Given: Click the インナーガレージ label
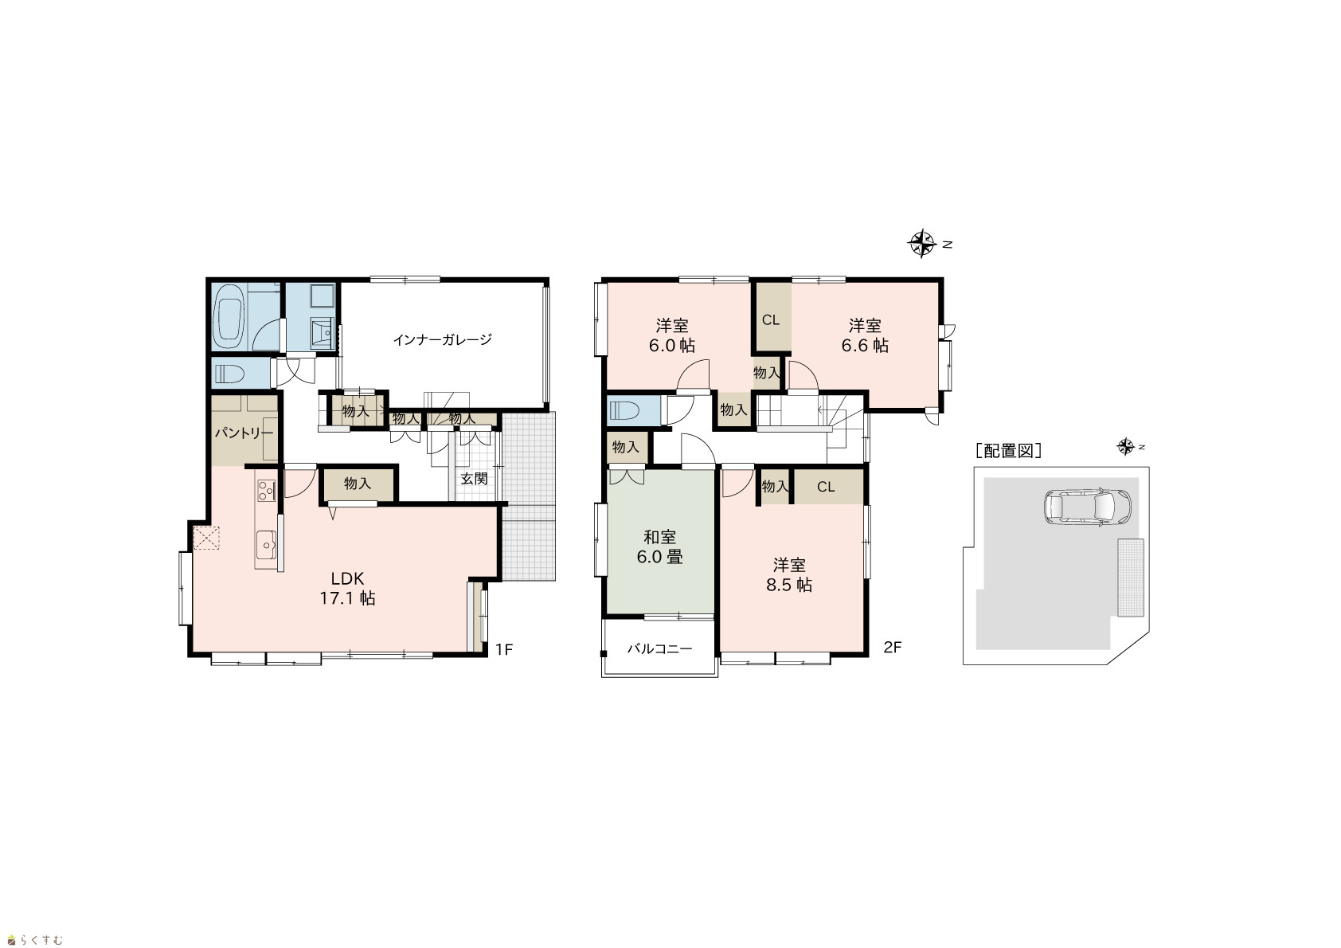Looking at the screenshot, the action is pos(443,340).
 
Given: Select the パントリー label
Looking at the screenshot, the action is pos(244,433).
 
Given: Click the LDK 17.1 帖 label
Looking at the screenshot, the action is pos(348,588).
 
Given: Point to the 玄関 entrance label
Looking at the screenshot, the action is pos(474,479).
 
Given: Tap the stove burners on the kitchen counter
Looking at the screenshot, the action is pos(267,491).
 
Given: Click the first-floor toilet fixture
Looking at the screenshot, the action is pos(229,374).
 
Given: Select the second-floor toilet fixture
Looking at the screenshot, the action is pos(624,410).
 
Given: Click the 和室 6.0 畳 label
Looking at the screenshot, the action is pos(659,546).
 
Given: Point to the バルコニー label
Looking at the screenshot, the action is pos(659,648).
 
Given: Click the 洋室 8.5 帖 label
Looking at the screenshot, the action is pos(789,575).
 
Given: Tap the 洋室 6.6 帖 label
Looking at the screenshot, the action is pos(865,335).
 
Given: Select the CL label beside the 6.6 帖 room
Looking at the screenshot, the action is pos(771,320).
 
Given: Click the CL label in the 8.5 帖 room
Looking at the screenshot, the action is pos(826,487).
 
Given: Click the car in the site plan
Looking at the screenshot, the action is pos(1088,507).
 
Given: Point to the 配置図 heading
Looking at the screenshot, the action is pos(1009,451).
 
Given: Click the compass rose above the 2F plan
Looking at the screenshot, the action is pos(922,244).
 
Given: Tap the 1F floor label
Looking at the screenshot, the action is pos(504,649).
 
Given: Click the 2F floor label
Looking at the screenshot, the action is pos(893,648).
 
